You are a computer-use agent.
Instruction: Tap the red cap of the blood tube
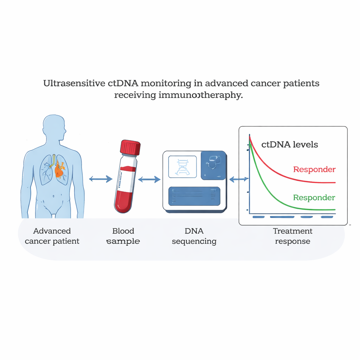[130, 147]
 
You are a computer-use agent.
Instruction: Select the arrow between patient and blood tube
[101, 179]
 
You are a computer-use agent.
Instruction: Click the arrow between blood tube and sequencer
[149, 179]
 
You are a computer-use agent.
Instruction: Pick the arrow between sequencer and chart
[238, 179]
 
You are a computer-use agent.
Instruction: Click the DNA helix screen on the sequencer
[182, 166]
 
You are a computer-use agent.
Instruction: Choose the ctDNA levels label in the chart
[290, 144]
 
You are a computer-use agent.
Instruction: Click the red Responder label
[314, 169]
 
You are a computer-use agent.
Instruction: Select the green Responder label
[314, 198]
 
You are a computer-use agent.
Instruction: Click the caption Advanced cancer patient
[52, 236]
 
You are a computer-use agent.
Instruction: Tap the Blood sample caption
[123, 236]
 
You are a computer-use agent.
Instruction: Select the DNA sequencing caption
[194, 236]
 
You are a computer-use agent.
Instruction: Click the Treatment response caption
[292, 236]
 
